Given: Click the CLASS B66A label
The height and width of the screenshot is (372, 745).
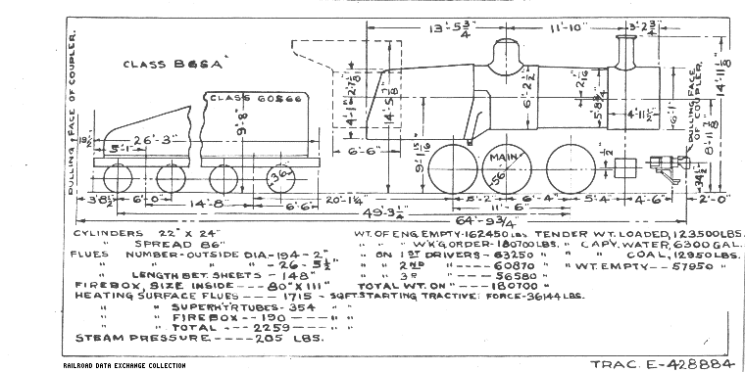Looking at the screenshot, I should [x=173, y=66].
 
